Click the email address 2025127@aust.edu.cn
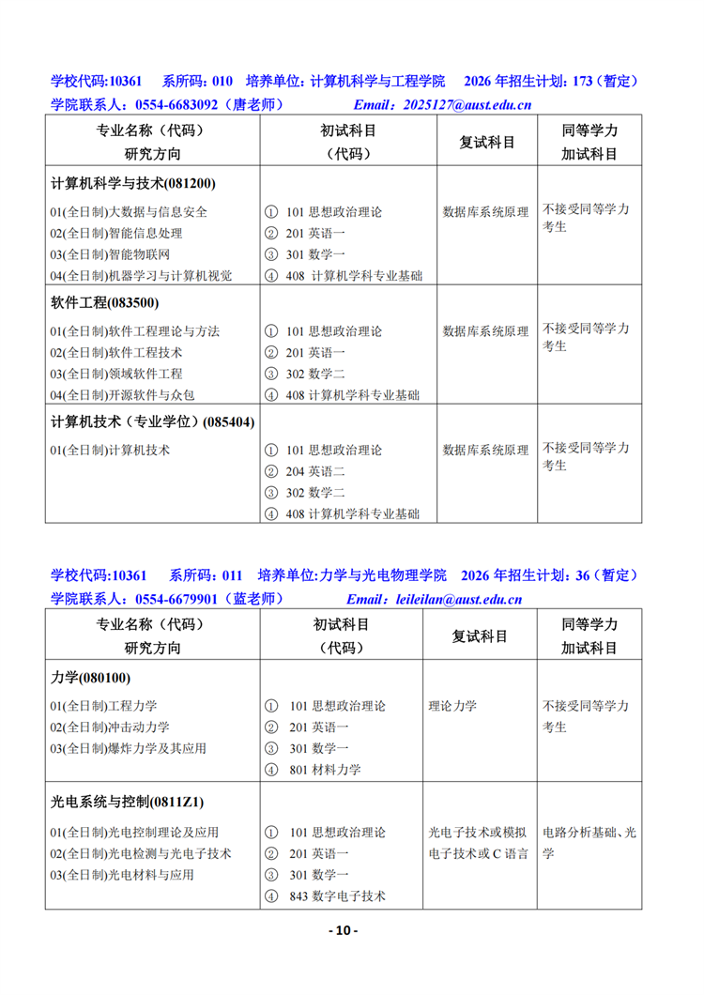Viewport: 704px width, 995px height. pos(467,105)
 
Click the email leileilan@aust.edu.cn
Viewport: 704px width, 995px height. pos(459,599)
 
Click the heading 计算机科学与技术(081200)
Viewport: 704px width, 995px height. pos(140,183)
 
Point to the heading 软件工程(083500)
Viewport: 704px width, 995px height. pos(105,302)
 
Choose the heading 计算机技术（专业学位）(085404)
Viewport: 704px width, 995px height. pos(153,421)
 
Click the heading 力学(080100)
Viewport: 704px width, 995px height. pos(90,678)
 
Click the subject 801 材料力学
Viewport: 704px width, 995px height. pos(325,770)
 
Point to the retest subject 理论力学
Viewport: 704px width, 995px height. pos(452,706)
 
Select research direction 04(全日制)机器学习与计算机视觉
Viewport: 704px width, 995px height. pos(141,276)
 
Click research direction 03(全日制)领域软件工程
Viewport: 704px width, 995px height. pos(116,374)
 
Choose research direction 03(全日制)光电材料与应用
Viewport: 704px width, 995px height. pos(122,875)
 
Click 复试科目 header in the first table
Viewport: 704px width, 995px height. pos(486,143)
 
